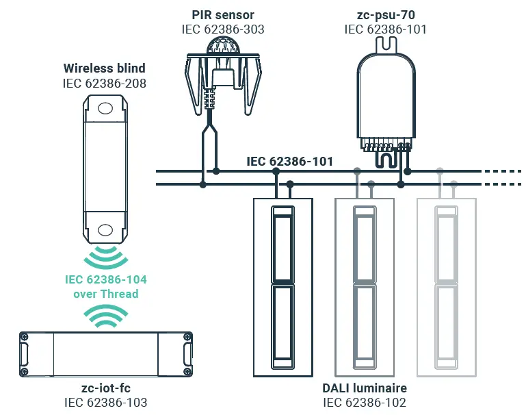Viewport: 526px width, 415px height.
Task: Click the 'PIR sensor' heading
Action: [223, 15]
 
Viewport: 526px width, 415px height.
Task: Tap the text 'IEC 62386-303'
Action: [223, 29]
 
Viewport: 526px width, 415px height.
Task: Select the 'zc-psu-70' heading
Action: [386, 15]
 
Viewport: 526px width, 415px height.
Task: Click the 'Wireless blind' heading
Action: [105, 68]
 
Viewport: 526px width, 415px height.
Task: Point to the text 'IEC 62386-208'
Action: [105, 84]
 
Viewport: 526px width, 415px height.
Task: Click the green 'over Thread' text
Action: [105, 294]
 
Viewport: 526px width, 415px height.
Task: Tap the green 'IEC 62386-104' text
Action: [105, 279]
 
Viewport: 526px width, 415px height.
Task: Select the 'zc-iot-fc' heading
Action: [105, 388]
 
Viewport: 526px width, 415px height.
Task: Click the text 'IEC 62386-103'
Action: [105, 403]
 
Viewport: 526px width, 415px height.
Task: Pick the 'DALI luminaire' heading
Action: [365, 388]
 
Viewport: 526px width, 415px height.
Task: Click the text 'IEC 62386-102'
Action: [365, 403]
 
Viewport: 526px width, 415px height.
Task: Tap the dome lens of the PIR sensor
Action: [223, 45]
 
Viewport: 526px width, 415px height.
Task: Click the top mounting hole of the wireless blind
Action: [105, 108]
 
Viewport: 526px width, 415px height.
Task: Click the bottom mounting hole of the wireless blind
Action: [105, 230]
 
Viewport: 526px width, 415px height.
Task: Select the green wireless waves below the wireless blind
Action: [105, 257]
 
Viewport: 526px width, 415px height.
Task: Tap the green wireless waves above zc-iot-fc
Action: [105, 316]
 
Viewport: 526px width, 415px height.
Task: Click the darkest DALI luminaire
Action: [283, 287]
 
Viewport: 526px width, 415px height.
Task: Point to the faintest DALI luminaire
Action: [447, 287]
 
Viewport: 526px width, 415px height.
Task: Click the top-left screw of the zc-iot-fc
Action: [24, 337]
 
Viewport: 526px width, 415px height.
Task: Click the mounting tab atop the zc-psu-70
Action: [386, 45]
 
